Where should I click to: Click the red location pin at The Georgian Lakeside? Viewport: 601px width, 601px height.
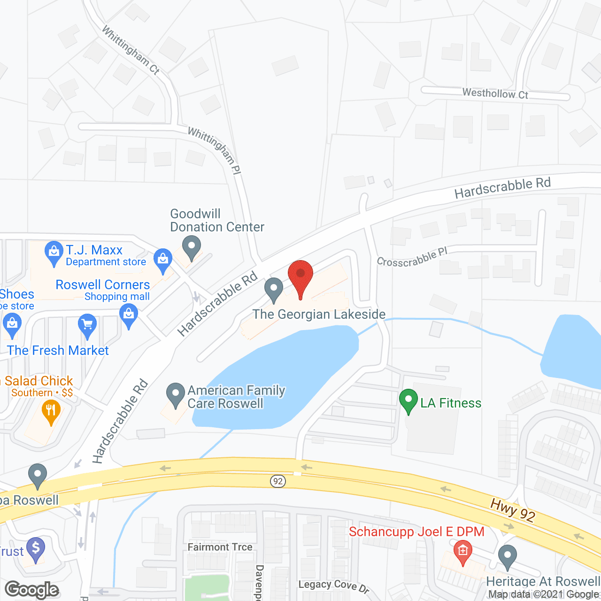[x=300, y=275]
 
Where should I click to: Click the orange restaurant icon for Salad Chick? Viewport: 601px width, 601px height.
[x=51, y=411]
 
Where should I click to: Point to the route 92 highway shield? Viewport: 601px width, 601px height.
[x=278, y=481]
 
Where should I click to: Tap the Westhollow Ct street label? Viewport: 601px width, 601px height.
[x=495, y=93]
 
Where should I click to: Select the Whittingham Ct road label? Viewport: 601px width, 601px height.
[x=131, y=50]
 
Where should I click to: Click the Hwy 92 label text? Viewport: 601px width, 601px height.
[x=512, y=510]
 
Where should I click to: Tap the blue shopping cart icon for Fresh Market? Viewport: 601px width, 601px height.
[x=87, y=324]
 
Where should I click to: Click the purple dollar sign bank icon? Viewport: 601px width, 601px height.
[x=36, y=547]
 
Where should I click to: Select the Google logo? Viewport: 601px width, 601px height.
[x=32, y=590]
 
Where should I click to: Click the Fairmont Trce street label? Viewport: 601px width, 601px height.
[x=220, y=547]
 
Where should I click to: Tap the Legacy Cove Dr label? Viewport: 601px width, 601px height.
[x=334, y=586]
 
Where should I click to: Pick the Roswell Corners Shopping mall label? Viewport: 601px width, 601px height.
[x=103, y=290]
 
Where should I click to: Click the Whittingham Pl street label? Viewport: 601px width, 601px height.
[x=215, y=151]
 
